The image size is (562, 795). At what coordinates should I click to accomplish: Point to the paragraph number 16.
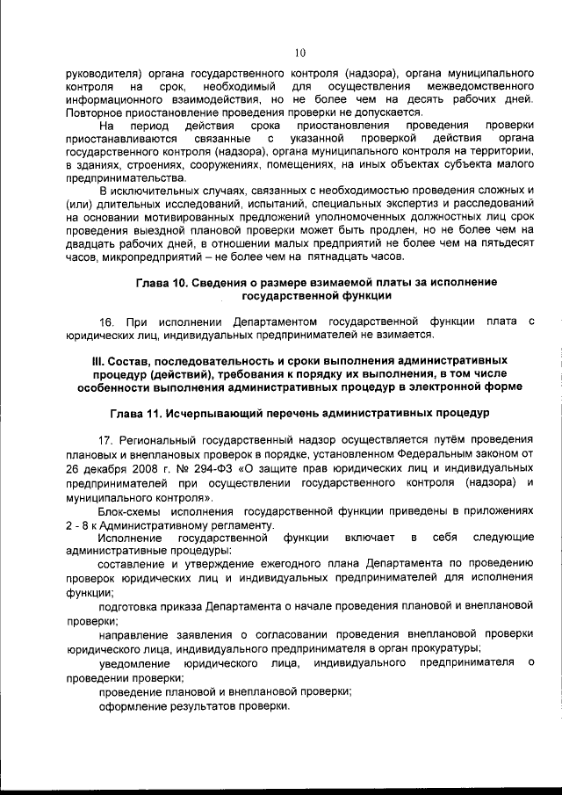click(108, 321)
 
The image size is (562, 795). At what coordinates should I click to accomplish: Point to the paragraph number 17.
click(107, 438)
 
